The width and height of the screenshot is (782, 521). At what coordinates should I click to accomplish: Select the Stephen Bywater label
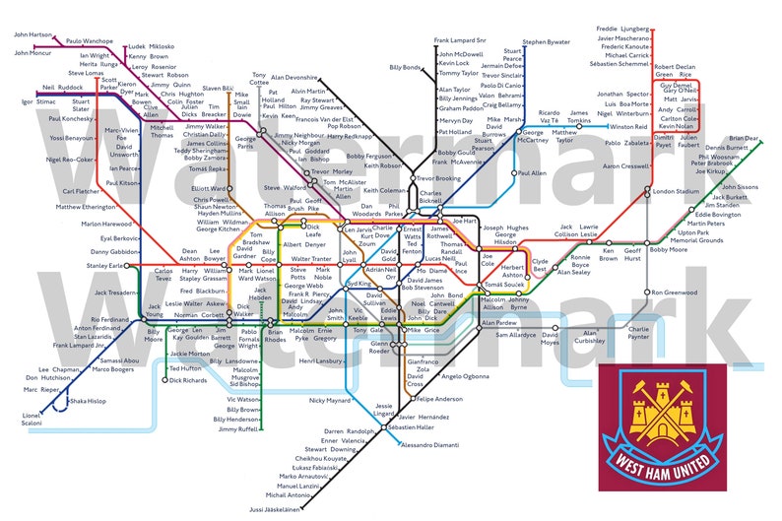pos(546,42)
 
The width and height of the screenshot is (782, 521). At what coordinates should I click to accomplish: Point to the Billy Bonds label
pos(406,67)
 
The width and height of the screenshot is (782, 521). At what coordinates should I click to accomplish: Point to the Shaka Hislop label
pos(88,402)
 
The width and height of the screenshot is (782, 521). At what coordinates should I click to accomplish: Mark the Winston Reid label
pos(628,127)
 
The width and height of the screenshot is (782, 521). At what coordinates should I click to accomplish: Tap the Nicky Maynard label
pos(329,401)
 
